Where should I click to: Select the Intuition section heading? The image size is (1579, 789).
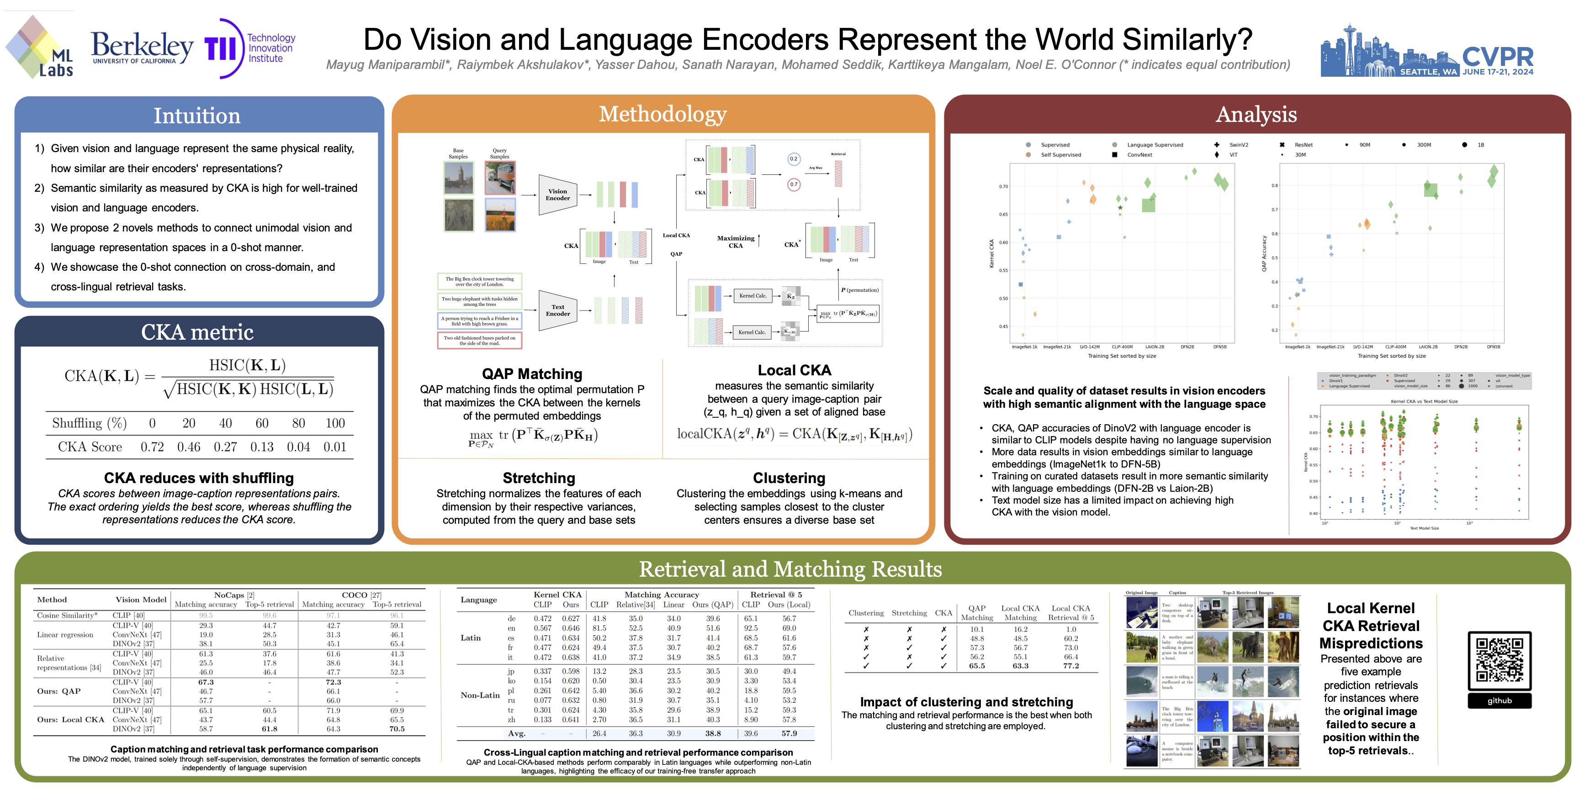pyautogui.click(x=197, y=115)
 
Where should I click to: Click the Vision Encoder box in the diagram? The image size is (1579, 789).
pyautogui.click(x=557, y=195)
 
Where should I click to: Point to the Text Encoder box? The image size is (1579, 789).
pyautogui.click(x=557, y=310)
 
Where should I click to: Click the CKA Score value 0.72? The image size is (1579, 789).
pyautogui.click(x=152, y=447)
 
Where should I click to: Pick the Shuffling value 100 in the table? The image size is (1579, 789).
pyautogui.click(x=335, y=423)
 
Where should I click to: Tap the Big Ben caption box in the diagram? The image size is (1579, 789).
pyautogui.click(x=479, y=281)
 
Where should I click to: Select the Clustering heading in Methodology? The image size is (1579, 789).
pyautogui.click(x=789, y=478)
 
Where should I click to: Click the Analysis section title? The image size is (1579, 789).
pyautogui.click(x=1256, y=115)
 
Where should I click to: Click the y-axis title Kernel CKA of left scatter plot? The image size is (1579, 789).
pyautogui.click(x=991, y=253)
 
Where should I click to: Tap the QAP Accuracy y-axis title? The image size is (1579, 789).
pyautogui.click(x=1264, y=253)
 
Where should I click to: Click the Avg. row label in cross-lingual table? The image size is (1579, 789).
pyautogui.click(x=516, y=733)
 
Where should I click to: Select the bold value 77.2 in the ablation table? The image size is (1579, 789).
pyautogui.click(x=1071, y=666)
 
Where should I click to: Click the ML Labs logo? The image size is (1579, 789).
pyautogui.click(x=40, y=48)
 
